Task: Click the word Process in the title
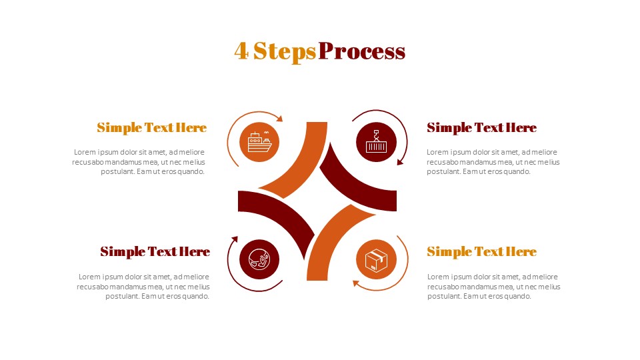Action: tap(362, 51)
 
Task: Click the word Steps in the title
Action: tap(285, 51)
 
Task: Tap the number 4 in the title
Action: tap(241, 51)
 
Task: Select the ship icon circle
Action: tap(259, 142)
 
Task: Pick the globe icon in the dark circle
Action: tap(259, 259)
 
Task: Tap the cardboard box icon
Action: tap(377, 259)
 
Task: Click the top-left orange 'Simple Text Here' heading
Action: tap(151, 127)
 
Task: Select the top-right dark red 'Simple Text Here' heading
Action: tap(481, 127)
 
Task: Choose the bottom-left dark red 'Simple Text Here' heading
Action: tap(155, 251)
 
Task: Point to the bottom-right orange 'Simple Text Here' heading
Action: tap(481, 251)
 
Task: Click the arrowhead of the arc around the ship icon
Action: tap(280, 119)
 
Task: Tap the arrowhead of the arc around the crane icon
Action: tap(400, 161)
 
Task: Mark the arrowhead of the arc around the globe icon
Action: tap(235, 238)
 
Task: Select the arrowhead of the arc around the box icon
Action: tap(356, 283)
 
